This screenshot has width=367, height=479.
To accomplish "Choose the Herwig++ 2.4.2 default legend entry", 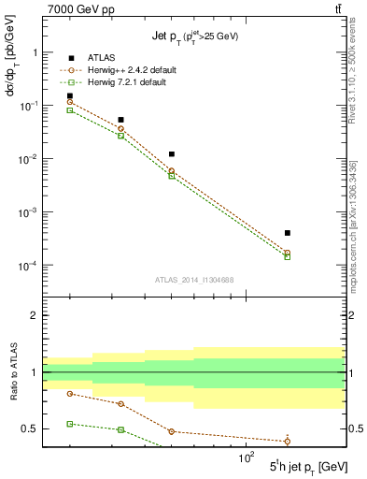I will (127, 71).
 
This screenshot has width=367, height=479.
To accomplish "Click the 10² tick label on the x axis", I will (247, 457).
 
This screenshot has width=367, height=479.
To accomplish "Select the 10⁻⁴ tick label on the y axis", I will (27, 266).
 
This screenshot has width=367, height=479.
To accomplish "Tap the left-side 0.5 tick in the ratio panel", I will (31, 429).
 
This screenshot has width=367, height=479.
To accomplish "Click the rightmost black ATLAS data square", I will (288, 233).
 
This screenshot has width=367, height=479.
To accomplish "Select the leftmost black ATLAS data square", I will (70, 95).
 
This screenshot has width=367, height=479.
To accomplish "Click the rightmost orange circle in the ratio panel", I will (288, 442).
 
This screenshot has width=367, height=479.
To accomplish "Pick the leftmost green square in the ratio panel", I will (70, 424).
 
